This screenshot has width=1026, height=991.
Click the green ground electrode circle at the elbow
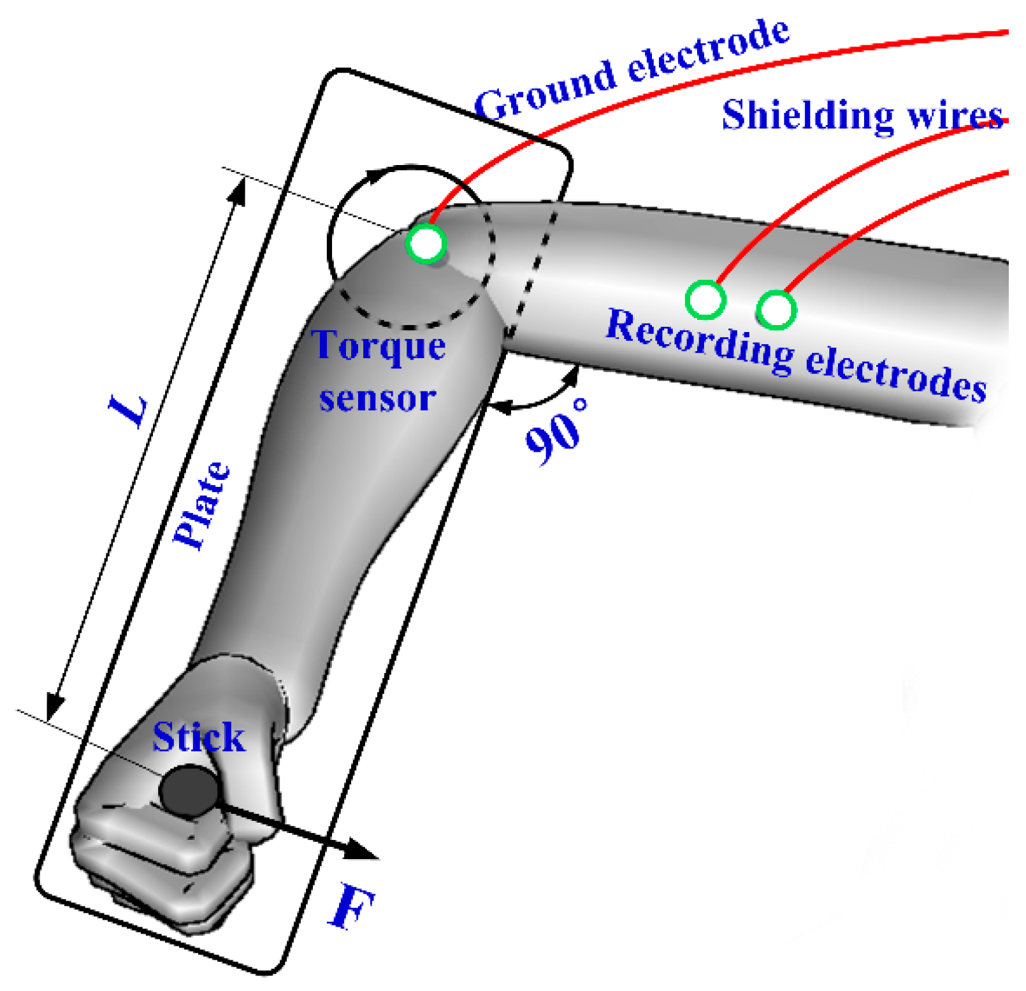426,243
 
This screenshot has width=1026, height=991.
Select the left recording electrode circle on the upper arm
705,299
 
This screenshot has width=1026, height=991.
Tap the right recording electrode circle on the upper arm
776,310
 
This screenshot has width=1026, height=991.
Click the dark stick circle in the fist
189,792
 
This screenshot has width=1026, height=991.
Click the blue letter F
352,906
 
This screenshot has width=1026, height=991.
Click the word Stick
199,738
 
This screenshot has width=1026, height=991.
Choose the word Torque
379,346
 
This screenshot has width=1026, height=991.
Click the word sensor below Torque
377,399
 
